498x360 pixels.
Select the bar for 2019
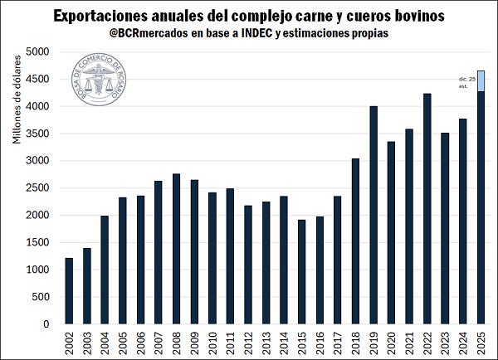coord(373,216)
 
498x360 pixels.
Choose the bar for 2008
coord(177,249)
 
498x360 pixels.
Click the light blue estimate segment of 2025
coord(481,81)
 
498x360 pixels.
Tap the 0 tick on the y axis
coord(47,324)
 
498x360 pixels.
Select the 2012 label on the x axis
coord(248,343)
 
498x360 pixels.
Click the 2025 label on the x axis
coord(481,343)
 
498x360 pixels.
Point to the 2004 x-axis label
coord(105,343)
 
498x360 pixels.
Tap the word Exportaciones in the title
coord(102,15)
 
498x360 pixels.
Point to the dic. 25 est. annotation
coord(466,81)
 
